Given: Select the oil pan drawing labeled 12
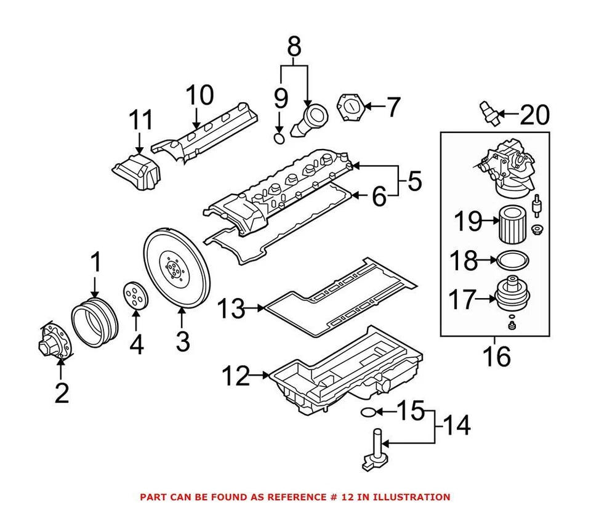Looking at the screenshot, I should [x=345, y=376].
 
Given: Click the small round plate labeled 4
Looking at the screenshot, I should [x=136, y=296].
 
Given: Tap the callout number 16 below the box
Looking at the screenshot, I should [x=496, y=356].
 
